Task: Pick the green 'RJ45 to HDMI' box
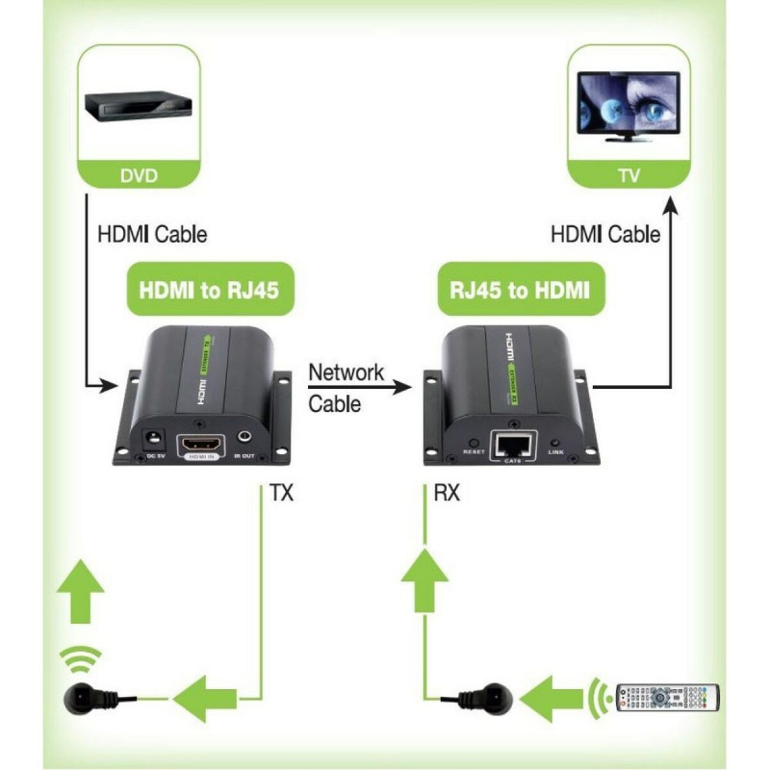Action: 521,290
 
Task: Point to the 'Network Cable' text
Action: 346,388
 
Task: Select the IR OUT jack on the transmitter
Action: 243,438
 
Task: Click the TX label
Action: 281,495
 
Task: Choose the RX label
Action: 447,495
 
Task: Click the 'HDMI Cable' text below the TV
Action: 605,234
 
